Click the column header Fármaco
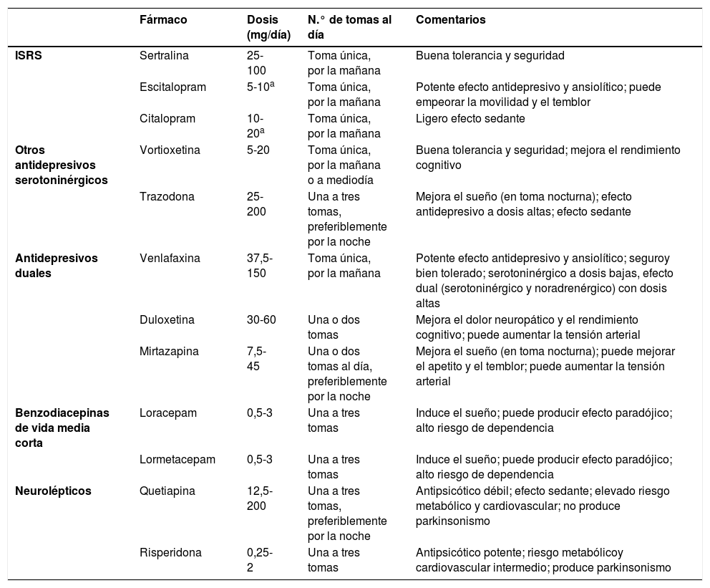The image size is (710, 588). pyautogui.click(x=163, y=20)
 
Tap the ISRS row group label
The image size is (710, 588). pyautogui.click(x=29, y=55)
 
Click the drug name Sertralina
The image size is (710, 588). pyautogui.click(x=165, y=55)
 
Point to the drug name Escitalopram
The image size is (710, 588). pyautogui.click(x=172, y=87)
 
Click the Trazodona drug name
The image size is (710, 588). pyautogui.click(x=165, y=196)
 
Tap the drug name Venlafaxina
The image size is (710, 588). pyautogui.click(x=169, y=257)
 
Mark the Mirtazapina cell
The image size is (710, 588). pyautogui.click(x=168, y=351)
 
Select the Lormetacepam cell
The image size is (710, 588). pyautogui.click(x=177, y=459)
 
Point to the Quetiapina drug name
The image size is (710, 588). pyautogui.click(x=166, y=491)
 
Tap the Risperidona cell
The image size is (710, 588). pyautogui.click(x=170, y=552)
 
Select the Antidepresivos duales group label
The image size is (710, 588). pyautogui.click(x=56, y=264)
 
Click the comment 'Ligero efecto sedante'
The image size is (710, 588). pyautogui.click(x=470, y=118)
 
